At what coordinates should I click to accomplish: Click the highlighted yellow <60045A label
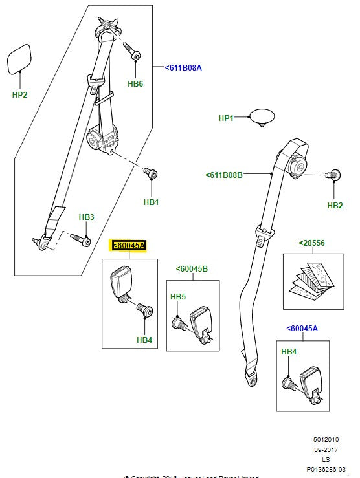tap(129, 246)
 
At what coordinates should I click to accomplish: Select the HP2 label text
tap(20, 95)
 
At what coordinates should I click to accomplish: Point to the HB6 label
tap(135, 84)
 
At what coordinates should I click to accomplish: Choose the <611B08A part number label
tap(183, 67)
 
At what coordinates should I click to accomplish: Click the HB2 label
tap(334, 206)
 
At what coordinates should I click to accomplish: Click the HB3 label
tap(86, 217)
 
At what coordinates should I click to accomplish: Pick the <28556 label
tap(311, 243)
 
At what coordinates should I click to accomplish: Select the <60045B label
tap(192, 269)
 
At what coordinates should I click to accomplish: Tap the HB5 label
tap(178, 297)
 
